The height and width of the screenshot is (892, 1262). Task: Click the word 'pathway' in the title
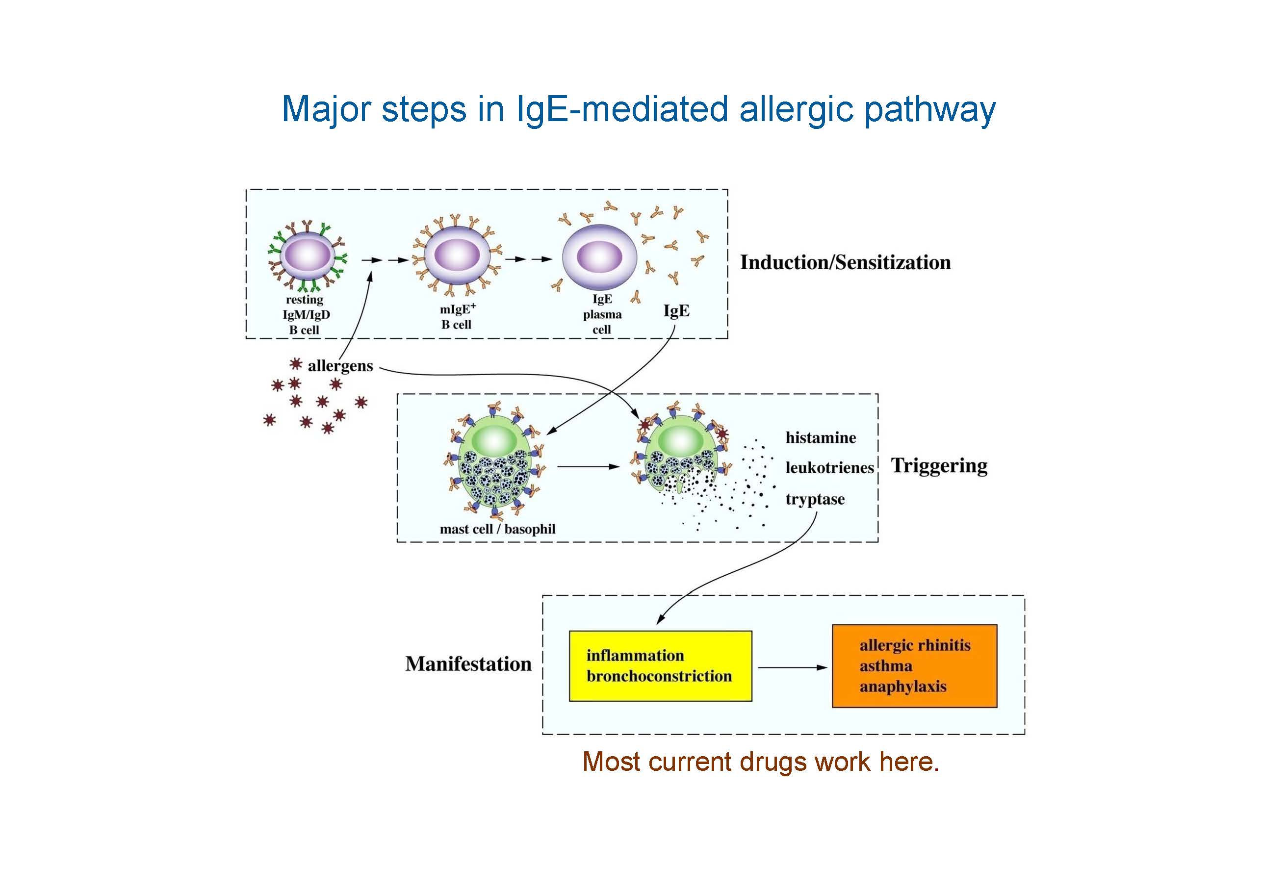point(929,109)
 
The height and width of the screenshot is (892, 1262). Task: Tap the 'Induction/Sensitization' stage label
point(845,263)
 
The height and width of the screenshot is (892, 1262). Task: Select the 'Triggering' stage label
point(939,465)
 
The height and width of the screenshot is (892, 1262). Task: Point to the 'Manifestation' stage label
point(468,664)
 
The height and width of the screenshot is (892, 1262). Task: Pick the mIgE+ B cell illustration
point(456,256)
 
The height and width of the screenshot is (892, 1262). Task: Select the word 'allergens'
point(340,366)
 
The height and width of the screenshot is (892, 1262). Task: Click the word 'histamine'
point(821,438)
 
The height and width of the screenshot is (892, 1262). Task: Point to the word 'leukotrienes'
point(829,468)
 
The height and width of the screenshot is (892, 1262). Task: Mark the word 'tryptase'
point(815,499)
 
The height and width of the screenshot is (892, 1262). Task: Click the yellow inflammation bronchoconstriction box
point(660,665)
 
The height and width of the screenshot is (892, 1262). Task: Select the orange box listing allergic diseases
point(914,665)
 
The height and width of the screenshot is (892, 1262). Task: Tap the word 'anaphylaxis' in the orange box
point(902,687)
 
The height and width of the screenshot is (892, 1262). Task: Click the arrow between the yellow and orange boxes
point(792,667)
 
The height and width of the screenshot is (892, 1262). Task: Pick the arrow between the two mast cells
point(588,467)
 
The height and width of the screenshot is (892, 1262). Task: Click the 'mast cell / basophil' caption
point(497,529)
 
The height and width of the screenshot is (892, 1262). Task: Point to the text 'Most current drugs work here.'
point(761,762)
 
